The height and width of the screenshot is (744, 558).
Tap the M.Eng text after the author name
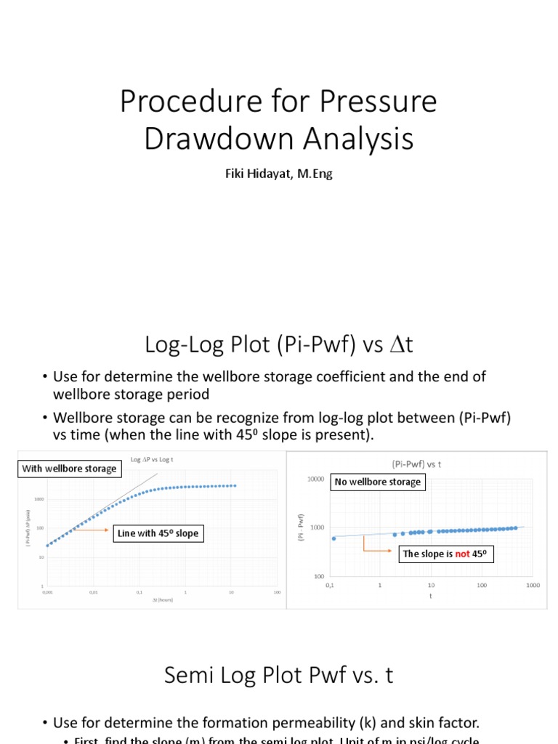312,174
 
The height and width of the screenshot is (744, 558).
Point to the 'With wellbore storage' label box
69,469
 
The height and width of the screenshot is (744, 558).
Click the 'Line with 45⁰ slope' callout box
158,533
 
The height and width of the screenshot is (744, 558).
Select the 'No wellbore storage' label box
377,482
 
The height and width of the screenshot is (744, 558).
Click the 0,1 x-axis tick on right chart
330,585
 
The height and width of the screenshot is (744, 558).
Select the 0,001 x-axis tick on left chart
48,592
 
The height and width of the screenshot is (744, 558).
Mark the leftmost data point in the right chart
333,538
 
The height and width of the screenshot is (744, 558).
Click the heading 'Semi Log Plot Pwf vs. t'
278,676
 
